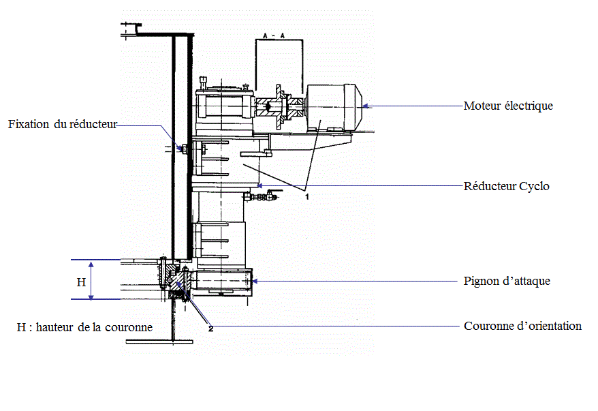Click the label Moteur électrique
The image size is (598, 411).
point(508,106)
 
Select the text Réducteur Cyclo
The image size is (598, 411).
point(507,186)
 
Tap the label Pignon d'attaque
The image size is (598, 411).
point(507,281)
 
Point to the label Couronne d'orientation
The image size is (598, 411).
point(522,326)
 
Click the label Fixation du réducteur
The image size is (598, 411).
point(63,124)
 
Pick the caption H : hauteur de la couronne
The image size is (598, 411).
point(84,327)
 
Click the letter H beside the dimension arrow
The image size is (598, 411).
point(81,282)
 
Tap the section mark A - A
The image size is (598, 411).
point(274,36)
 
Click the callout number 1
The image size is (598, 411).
point(307,196)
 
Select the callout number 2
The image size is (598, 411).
point(210,328)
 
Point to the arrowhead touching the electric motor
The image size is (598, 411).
point(365,106)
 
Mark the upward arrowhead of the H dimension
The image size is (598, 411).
point(91,264)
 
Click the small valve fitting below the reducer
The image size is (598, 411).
point(260,197)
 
